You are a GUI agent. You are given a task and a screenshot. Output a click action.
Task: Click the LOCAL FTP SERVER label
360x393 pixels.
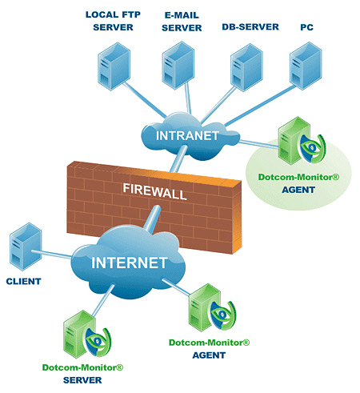[113, 21]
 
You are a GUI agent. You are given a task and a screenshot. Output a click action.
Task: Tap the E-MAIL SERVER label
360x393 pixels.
[182, 22]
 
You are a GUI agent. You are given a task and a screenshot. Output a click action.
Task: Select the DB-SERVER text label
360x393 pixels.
[250, 27]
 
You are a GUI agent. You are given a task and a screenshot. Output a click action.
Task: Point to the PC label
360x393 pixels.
[306, 27]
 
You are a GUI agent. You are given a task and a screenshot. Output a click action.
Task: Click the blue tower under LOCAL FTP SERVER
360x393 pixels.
[114, 66]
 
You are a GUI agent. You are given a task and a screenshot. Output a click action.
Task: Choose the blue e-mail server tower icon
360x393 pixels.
[178, 66]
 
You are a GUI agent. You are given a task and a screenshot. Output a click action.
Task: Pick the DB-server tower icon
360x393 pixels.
[246, 67]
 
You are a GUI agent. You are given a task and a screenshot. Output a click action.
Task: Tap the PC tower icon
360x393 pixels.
[306, 66]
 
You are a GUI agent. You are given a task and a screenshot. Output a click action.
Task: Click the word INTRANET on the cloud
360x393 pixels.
[187, 136]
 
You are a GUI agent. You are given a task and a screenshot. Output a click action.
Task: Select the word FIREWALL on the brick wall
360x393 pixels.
[154, 191]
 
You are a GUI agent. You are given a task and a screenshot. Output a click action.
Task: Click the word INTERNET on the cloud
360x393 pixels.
[130, 263]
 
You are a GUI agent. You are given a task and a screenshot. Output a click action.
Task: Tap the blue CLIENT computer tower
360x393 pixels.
[26, 247]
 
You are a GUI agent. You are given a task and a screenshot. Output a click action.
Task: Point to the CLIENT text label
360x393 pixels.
[23, 281]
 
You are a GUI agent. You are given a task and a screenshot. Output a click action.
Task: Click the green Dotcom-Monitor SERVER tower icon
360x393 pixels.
[79, 334]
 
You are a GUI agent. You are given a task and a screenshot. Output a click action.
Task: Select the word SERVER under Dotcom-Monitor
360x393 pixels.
[82, 380]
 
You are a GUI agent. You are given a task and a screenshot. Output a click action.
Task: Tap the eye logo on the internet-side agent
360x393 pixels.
[223, 315]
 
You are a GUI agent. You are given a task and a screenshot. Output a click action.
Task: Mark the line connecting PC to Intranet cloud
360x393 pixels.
[260, 106]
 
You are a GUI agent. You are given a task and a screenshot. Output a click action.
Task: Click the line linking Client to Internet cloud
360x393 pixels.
[52, 255]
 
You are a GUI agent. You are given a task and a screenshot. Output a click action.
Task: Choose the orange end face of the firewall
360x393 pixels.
[237, 217]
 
